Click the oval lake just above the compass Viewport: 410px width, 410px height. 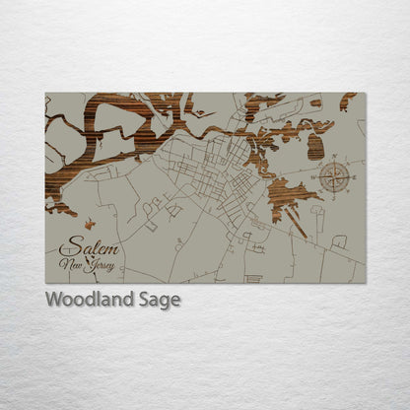315,147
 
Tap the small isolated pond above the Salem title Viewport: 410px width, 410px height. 89,224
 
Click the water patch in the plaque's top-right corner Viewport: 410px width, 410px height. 347,100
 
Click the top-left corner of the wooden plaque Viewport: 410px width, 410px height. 46,94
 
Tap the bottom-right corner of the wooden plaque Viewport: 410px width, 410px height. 365,283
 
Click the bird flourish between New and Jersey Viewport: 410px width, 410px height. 87,262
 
